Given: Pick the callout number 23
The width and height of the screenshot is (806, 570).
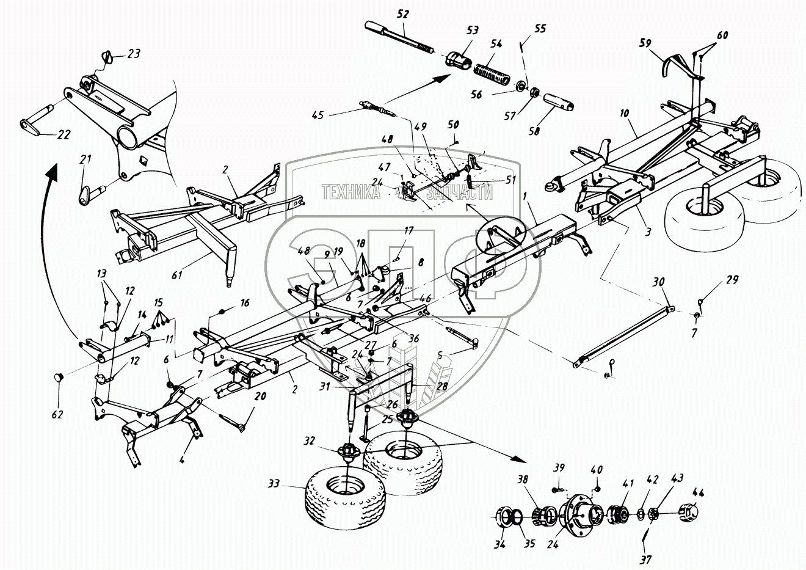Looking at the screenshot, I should point(134,54).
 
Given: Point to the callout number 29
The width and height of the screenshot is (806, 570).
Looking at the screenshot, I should point(732,280).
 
